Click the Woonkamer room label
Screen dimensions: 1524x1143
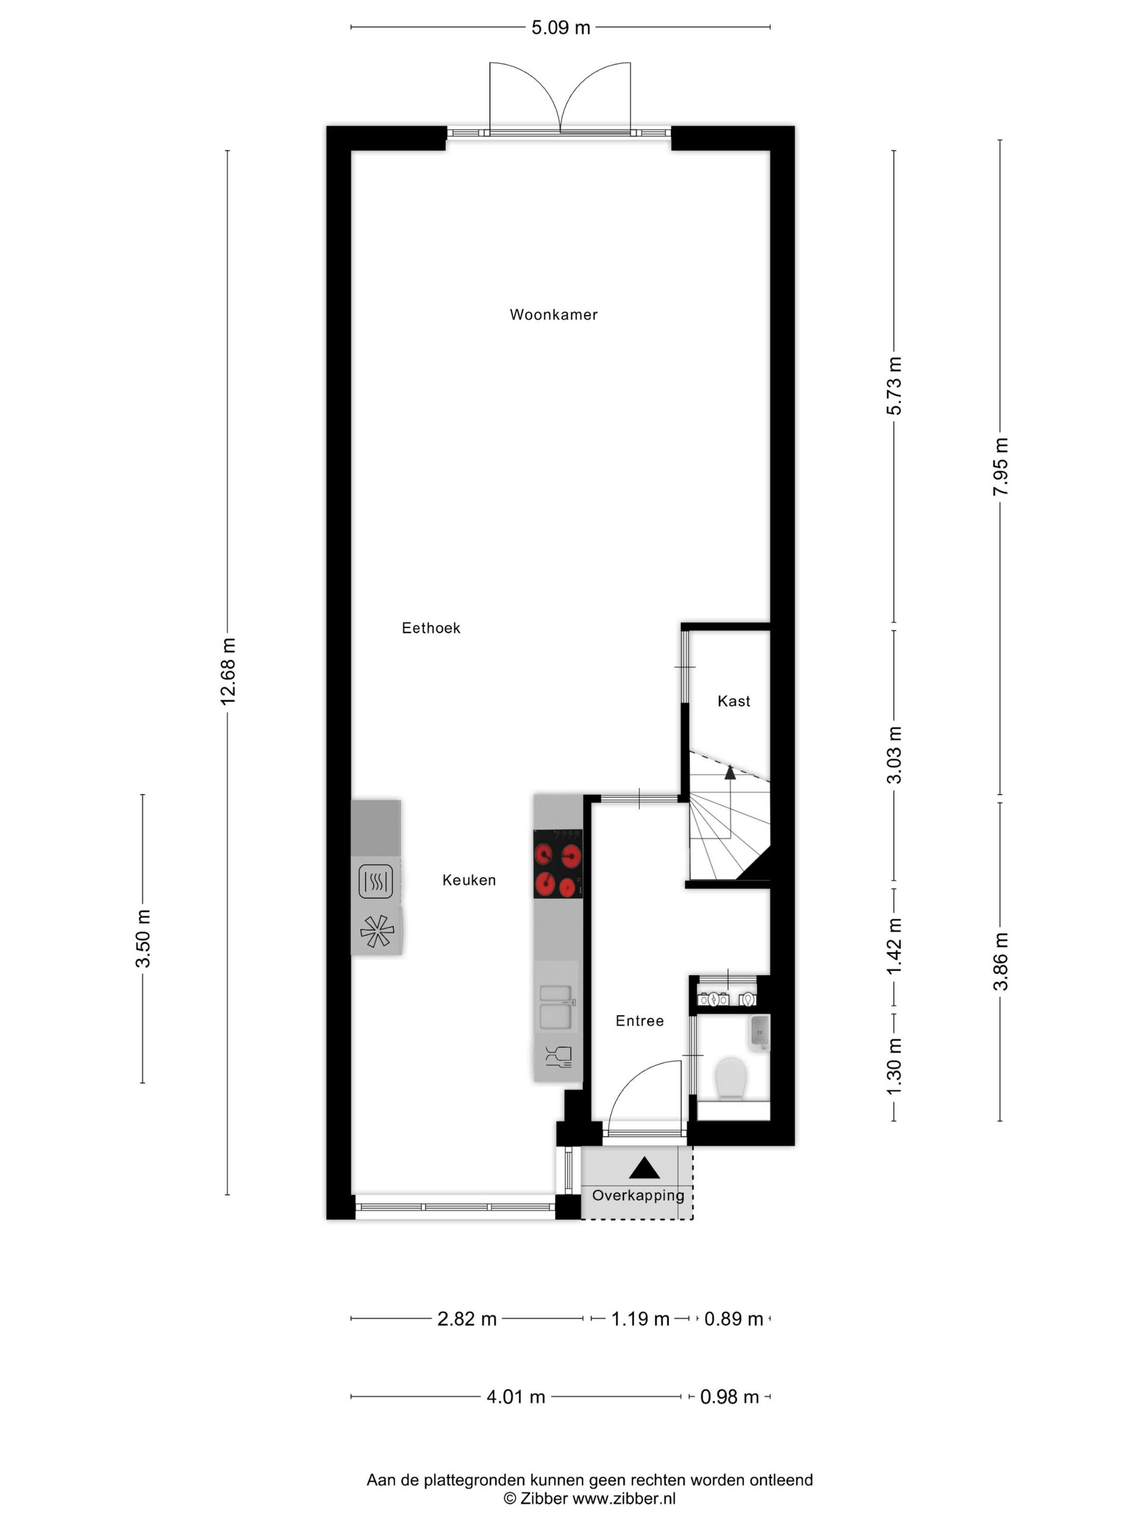(553, 315)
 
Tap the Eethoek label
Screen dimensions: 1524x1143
(431, 628)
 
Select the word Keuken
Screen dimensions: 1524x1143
(469, 880)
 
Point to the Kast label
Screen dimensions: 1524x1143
(734, 702)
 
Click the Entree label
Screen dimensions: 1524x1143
(640, 1021)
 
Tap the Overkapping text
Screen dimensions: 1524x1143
(638, 1195)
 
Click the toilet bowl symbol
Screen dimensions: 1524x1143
(731, 1078)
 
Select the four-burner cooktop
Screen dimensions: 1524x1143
(557, 864)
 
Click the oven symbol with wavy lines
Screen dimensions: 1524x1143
(376, 881)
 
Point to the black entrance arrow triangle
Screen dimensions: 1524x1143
(644, 1168)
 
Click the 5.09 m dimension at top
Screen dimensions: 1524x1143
(560, 28)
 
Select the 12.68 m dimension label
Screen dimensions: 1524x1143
(228, 671)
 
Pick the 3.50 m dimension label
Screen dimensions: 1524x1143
(143, 938)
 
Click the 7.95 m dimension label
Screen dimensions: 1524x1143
(1000, 466)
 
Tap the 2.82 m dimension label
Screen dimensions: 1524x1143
(466, 1319)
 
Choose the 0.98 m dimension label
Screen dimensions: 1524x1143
(729, 1397)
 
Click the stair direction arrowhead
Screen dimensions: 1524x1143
(730, 772)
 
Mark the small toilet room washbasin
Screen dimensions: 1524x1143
(759, 1032)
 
